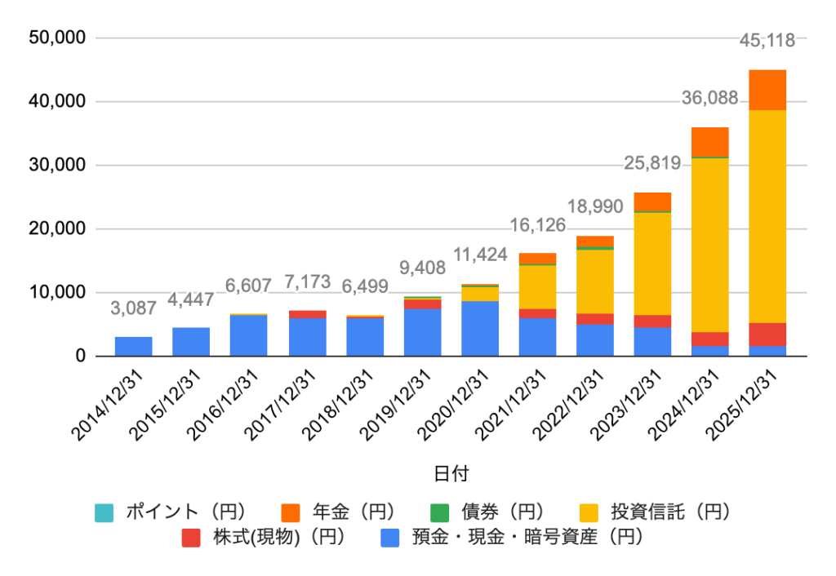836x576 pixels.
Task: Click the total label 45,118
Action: click(x=772, y=40)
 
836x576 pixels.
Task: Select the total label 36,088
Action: click(x=710, y=99)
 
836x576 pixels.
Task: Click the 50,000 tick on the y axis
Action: click(x=57, y=38)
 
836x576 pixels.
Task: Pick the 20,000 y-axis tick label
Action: click(x=57, y=229)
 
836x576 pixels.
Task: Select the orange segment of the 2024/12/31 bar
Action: click(x=710, y=141)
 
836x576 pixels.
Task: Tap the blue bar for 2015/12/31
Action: click(x=191, y=342)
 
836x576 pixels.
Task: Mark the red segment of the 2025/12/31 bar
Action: click(x=768, y=335)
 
